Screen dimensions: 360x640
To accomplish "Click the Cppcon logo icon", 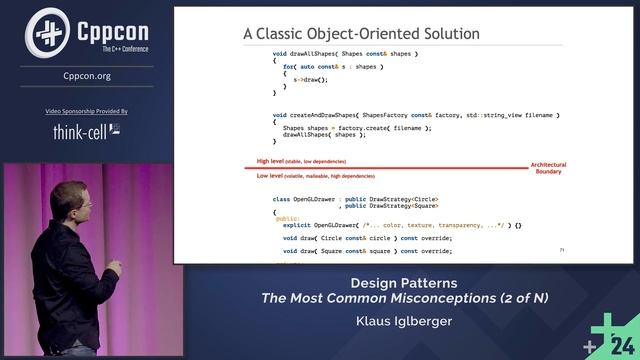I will coord(45,32).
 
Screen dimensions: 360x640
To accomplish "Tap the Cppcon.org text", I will coord(86,76).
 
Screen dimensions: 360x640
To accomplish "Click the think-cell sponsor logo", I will coord(86,131).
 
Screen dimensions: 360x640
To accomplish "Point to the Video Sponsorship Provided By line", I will coord(86,111).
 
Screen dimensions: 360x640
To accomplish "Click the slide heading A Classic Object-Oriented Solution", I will coord(361,34).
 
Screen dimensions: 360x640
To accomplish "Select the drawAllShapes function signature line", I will coord(345,52).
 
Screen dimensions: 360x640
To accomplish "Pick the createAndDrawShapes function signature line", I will coord(391,115).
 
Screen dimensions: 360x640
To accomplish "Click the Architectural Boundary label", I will coord(548,167).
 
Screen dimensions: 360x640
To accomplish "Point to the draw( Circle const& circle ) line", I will coord(367,238).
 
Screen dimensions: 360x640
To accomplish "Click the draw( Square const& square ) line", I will coord(367,251).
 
